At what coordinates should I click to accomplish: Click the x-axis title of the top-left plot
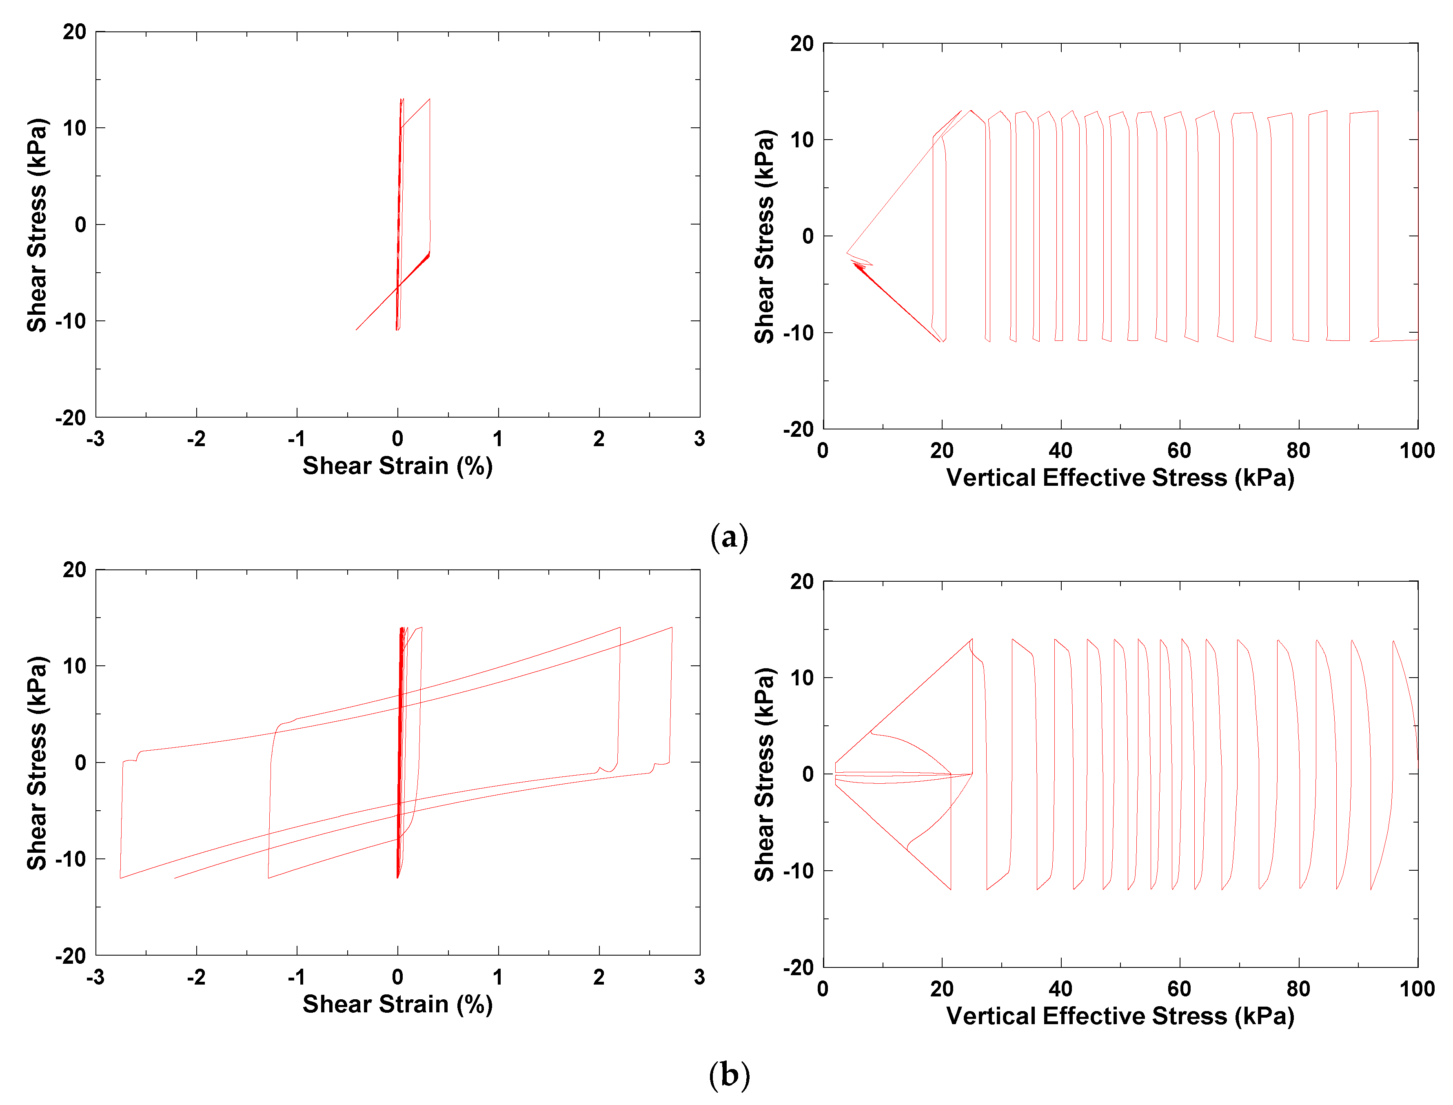397,466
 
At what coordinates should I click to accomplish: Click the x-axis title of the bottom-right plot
1120,1016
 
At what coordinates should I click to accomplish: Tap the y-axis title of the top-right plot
764,237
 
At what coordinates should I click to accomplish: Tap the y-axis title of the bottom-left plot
37,763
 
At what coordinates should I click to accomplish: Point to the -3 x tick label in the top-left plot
95,439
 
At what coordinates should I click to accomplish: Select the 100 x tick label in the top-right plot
1416,451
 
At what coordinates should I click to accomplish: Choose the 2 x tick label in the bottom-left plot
598,977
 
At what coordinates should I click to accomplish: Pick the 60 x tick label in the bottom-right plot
1179,989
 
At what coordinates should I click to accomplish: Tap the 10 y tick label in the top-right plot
802,140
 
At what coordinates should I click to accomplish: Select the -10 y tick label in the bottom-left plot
70,859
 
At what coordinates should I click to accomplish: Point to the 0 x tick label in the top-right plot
823,451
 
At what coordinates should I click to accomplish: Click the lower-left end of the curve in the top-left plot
356,329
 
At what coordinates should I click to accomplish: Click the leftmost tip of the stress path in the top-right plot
846,253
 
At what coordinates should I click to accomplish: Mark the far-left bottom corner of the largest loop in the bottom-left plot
120,878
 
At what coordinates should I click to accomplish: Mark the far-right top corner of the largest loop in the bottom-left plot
672,627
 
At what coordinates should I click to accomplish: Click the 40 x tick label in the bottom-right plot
1060,989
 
